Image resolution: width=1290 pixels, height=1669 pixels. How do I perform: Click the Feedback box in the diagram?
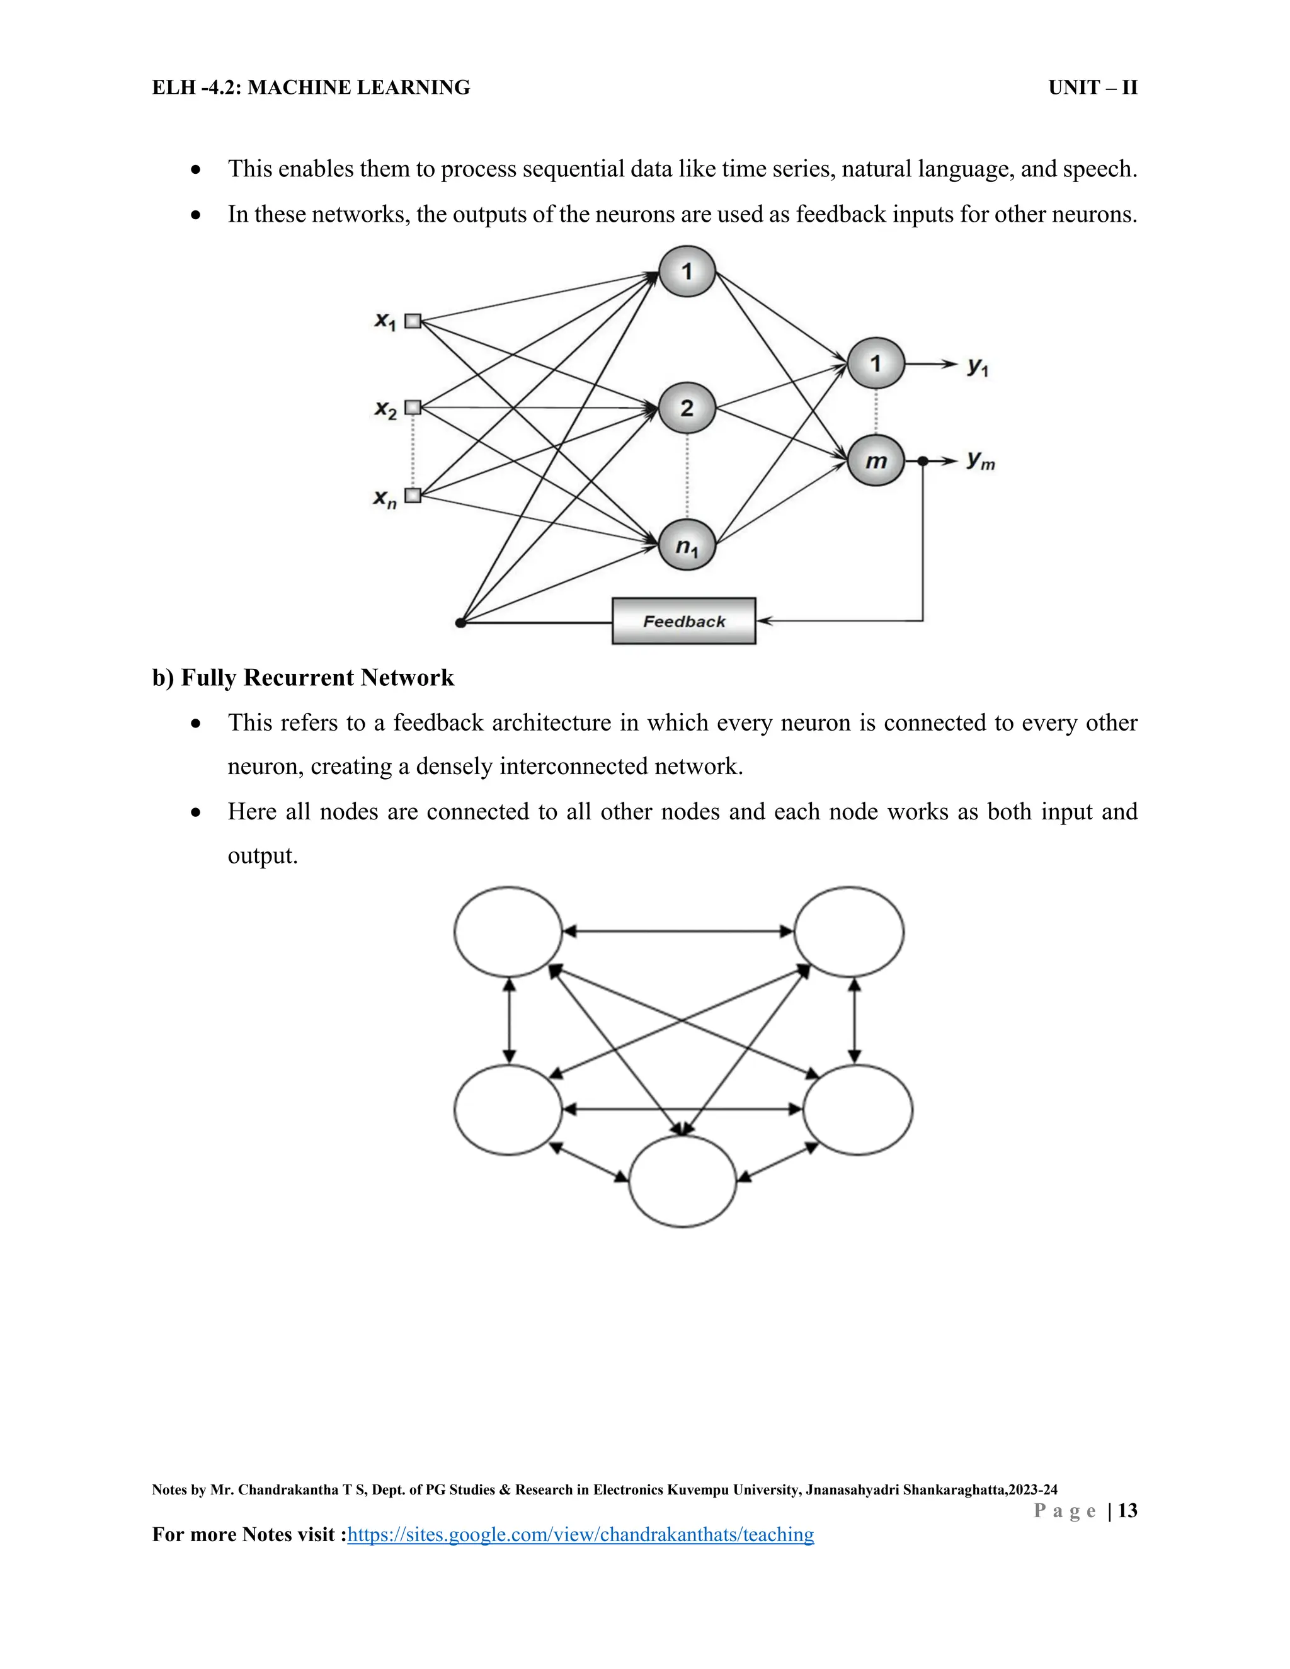tap(683, 620)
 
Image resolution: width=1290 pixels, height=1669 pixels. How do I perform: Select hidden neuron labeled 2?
tap(687, 408)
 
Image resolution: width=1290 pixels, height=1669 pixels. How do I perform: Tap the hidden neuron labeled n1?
tap(687, 545)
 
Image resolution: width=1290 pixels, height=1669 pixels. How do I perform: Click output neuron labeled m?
tap(876, 461)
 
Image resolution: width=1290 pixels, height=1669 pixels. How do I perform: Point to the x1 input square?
tap(413, 321)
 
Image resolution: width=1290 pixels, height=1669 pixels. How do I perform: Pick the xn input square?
tap(413, 495)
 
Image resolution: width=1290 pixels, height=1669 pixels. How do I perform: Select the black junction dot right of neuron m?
tap(923, 461)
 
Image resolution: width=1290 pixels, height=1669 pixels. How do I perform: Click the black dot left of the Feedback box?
tap(460, 623)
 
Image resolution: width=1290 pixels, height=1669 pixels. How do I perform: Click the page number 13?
tap(1127, 1510)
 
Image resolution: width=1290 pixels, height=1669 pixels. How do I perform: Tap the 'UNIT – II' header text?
tap(1092, 88)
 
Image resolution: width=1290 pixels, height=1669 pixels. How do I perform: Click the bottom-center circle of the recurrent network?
tap(682, 1181)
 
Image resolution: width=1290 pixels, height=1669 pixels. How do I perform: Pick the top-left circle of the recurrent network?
tap(508, 931)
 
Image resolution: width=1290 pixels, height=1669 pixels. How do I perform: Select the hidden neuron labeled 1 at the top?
tap(687, 271)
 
